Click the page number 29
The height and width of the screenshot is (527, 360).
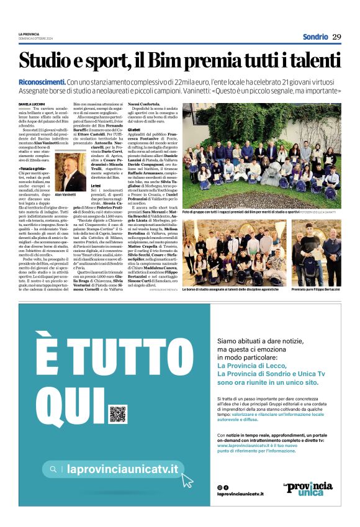click(x=336, y=37)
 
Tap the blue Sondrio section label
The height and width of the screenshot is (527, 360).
click(x=315, y=37)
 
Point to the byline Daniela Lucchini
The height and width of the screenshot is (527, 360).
click(x=32, y=104)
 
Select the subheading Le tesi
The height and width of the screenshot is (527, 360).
click(x=78, y=186)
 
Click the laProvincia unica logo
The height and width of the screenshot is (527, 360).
click(x=307, y=489)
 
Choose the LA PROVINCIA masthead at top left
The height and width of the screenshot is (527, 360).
click(x=30, y=34)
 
